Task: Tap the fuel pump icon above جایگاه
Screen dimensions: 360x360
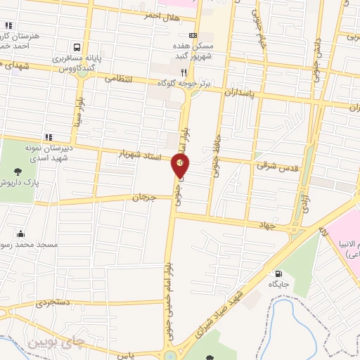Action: pyautogui.click(x=280, y=274)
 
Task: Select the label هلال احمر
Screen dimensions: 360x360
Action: pyautogui.click(x=138, y=15)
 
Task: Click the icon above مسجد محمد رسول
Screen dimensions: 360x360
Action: pyautogui.click(x=22, y=234)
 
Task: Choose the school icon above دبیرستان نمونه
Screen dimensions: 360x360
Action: pyautogui.click(x=49, y=137)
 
